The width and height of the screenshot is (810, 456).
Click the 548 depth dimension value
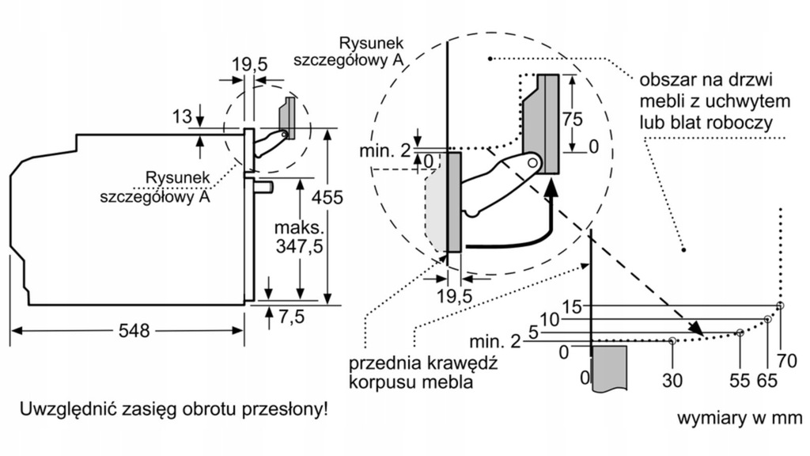tap(134, 330)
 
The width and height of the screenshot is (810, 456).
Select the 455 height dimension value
tap(327, 197)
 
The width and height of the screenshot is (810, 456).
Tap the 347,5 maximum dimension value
tap(299, 247)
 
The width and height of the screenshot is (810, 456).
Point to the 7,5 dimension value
tap(292, 317)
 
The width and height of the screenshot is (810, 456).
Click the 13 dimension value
tap(182, 117)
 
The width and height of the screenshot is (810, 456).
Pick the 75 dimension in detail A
tap(572, 120)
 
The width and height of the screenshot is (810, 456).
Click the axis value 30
tap(672, 381)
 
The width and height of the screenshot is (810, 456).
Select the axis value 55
tap(740, 381)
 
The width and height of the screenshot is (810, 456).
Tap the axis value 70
tap(787, 360)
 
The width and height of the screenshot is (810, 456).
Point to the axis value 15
tap(572, 306)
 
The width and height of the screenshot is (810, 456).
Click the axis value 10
tap(551, 320)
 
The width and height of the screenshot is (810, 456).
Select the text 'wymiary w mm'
tap(740, 418)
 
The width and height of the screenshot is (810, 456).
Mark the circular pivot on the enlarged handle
tap(532, 162)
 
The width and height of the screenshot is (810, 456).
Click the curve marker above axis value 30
tap(672, 340)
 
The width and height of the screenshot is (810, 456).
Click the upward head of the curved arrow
tap(552, 187)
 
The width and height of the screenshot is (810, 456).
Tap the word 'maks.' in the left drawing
tap(299, 227)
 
